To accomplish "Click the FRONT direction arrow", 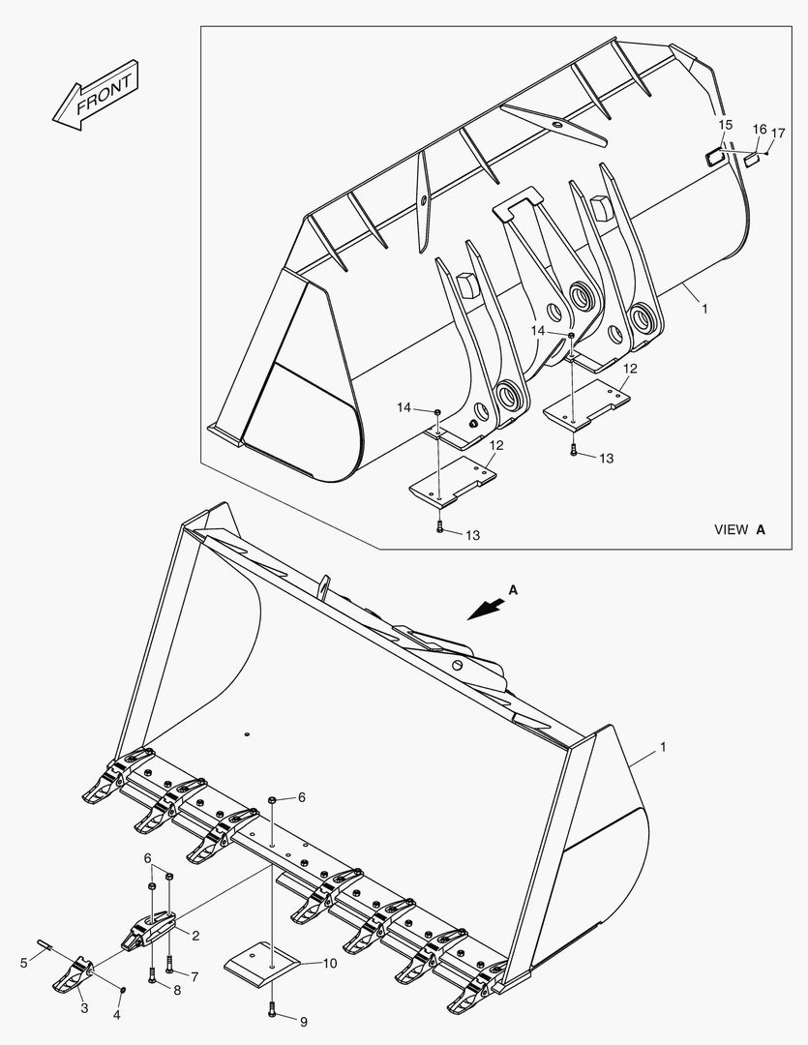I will [96, 98].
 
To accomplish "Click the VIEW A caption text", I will [739, 529].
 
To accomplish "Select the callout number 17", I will [778, 133].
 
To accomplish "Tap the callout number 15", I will [725, 125].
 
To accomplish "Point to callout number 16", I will [760, 130].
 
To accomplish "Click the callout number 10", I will [330, 963].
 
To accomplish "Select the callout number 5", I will [24, 963].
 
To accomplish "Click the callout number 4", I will [117, 1015].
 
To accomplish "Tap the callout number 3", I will [84, 1008].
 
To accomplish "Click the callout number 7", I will [194, 977].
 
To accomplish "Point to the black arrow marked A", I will [486, 608].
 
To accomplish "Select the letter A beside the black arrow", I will [513, 588].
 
